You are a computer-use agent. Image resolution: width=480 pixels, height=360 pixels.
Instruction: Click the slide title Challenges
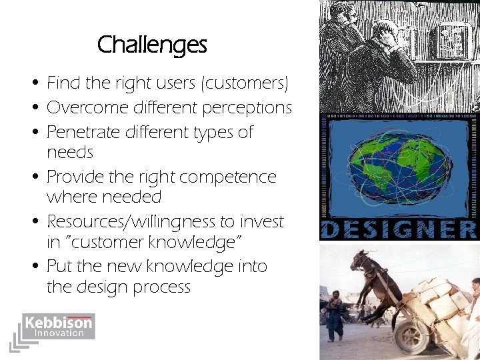pyautogui.click(x=152, y=45)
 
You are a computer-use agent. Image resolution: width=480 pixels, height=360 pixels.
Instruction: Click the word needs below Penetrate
pyautogui.click(x=69, y=153)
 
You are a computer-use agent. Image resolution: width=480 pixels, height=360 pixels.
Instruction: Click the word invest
pyautogui.click(x=263, y=221)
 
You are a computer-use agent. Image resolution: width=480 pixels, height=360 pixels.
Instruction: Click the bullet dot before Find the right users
pyautogui.click(x=33, y=85)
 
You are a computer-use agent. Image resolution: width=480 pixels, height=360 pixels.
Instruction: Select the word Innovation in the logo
pyautogui.click(x=59, y=333)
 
